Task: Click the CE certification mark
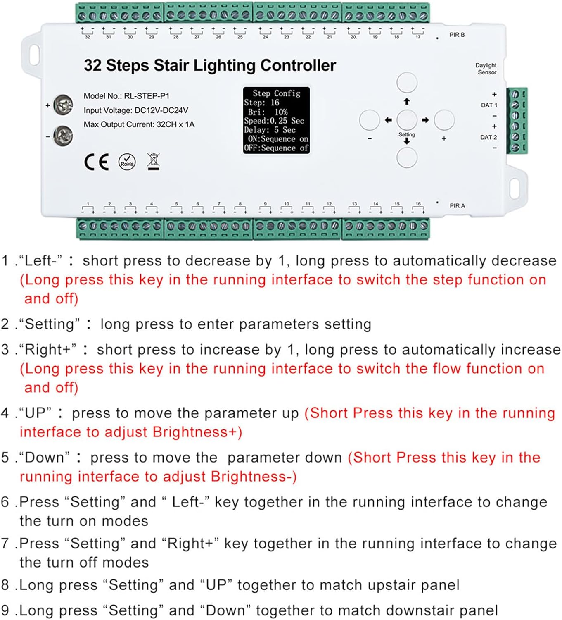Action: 96,162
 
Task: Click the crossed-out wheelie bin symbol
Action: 154,161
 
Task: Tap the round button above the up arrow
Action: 407,82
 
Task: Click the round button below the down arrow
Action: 407,157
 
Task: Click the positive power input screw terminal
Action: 63,105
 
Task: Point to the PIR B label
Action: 457,35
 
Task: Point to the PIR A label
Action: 457,206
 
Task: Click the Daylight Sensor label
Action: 486,69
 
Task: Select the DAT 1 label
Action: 489,105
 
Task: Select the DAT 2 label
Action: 488,137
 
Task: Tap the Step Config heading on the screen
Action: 276,93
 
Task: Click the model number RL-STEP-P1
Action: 147,96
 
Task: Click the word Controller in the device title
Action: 298,65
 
